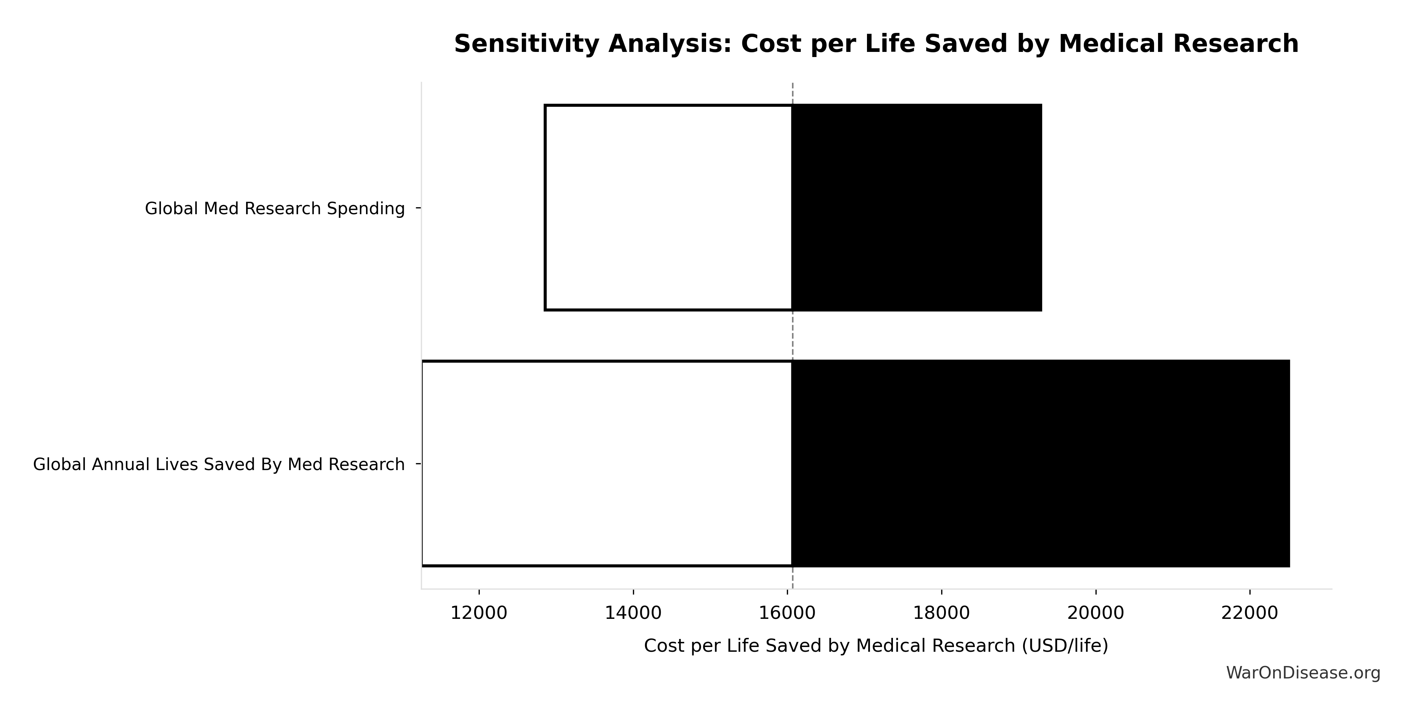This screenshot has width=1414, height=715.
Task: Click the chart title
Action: [x=876, y=44]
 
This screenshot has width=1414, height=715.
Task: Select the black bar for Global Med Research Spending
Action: [x=917, y=207]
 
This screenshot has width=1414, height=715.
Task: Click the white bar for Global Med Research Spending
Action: [x=668, y=207]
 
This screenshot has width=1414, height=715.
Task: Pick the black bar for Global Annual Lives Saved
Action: [x=1040, y=464]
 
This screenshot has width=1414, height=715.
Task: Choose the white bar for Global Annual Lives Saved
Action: [x=607, y=464]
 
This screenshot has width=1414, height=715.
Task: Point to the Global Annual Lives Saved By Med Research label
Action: [x=218, y=464]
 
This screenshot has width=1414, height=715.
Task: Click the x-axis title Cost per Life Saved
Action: [x=876, y=646]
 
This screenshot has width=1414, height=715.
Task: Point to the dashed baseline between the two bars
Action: [x=793, y=335]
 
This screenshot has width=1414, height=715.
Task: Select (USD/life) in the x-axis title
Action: [x=1064, y=646]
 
